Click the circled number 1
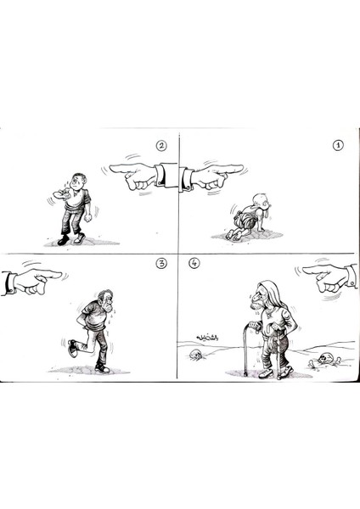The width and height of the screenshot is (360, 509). click(337, 144)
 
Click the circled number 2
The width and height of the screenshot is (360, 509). click(161, 145)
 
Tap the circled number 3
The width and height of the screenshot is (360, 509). click(161, 263)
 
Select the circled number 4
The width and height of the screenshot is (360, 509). click(194, 263)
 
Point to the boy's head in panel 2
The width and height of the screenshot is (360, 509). click(78, 182)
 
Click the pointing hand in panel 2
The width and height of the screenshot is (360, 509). click(136, 176)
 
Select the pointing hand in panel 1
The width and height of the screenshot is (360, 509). click(217, 176)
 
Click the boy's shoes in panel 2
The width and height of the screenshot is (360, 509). click(71, 239)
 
